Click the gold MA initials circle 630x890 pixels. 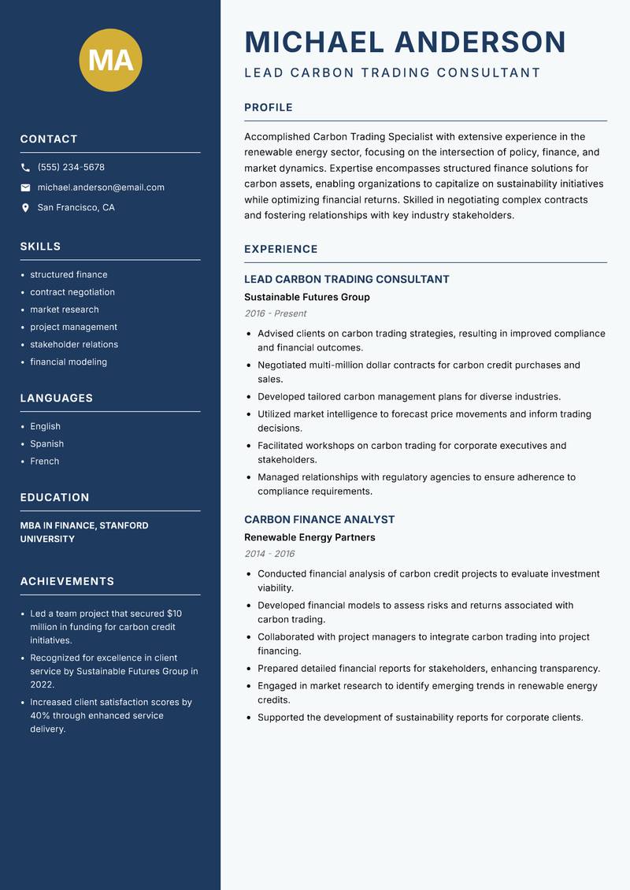coord(111,61)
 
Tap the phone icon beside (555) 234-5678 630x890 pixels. coord(25,168)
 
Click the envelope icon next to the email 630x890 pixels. coord(25,187)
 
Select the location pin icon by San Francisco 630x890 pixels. coord(25,208)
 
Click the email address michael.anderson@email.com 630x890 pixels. coord(101,187)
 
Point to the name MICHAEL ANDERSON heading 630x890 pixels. coord(405,42)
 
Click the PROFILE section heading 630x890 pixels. coord(268,108)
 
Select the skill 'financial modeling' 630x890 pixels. coord(69,362)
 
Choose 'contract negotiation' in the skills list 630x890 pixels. coord(72,292)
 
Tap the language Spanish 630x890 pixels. coord(46,444)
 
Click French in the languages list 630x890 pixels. coord(44,462)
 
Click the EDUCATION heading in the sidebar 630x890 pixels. coord(54,498)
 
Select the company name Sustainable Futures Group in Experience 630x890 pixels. coord(306,298)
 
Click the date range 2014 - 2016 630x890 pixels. coord(269,554)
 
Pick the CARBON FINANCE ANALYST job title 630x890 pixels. coord(319,520)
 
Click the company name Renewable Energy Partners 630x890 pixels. coord(309,538)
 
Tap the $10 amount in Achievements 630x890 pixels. coord(174,614)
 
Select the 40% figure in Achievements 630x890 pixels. coord(42,716)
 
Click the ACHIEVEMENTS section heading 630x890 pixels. coord(67,581)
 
